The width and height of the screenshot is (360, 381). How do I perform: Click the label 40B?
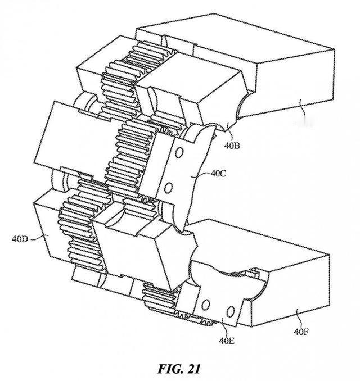(x=232, y=146)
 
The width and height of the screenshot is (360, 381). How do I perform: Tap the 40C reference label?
(x=218, y=174)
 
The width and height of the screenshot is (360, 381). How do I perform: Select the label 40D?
(x=20, y=239)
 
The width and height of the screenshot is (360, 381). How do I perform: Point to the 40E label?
(x=227, y=341)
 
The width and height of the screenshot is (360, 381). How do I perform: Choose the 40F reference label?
(x=301, y=332)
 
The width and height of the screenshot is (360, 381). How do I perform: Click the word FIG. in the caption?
(x=169, y=369)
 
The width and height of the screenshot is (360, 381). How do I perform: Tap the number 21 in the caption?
(x=193, y=369)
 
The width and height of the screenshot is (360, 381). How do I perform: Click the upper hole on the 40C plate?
(x=179, y=152)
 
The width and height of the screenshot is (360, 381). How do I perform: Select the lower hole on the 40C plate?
(x=168, y=188)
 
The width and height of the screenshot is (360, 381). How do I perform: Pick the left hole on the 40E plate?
(x=206, y=305)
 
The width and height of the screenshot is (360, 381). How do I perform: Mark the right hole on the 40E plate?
(x=231, y=312)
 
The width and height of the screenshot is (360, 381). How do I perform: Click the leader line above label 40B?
(x=229, y=131)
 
